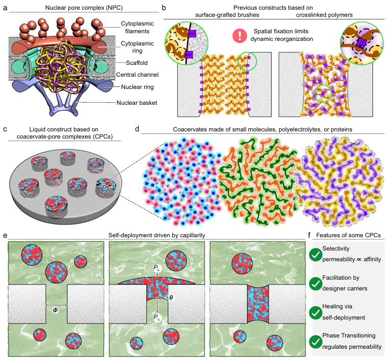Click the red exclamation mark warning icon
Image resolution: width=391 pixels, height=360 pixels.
click(x=239, y=35)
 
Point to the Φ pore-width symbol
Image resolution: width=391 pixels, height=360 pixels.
click(x=56, y=309)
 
